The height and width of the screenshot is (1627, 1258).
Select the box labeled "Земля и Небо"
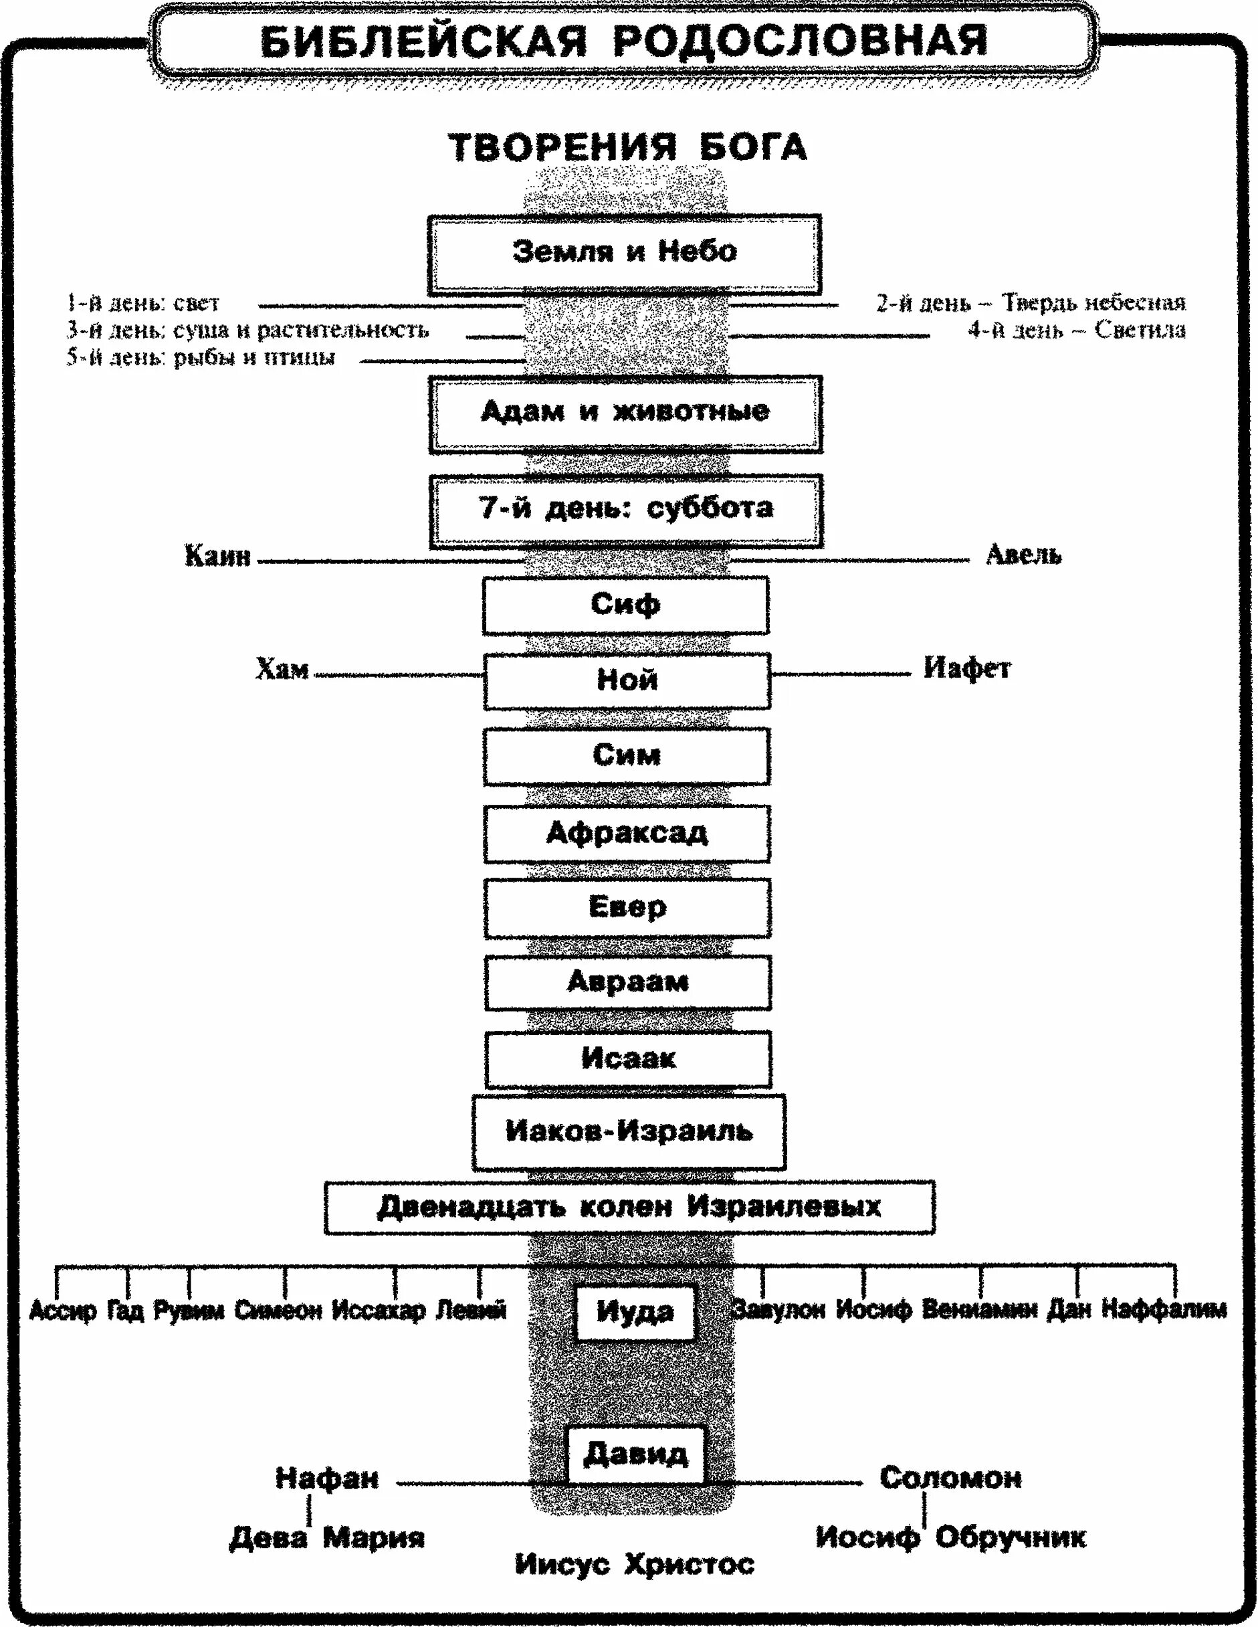(x=624, y=254)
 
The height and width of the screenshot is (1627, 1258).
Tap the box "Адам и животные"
(x=625, y=413)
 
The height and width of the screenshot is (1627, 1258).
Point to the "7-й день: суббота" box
(x=625, y=510)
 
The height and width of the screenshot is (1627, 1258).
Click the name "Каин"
(x=217, y=556)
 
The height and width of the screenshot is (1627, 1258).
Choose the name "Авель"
(x=1023, y=554)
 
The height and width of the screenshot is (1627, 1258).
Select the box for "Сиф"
(x=625, y=605)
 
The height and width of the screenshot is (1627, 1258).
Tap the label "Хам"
(x=282, y=669)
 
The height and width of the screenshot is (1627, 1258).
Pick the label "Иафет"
(x=967, y=668)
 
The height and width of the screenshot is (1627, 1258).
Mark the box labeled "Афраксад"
(x=627, y=834)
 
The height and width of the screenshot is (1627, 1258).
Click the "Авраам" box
(x=628, y=983)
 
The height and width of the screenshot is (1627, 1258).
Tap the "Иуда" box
(x=635, y=1312)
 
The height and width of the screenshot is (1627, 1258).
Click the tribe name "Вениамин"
(x=978, y=1310)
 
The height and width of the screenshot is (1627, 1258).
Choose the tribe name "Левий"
(x=471, y=1310)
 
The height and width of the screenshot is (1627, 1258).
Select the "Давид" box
(x=635, y=1454)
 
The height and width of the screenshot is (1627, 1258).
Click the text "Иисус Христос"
(x=635, y=1563)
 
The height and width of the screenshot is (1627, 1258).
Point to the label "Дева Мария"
(x=326, y=1537)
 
